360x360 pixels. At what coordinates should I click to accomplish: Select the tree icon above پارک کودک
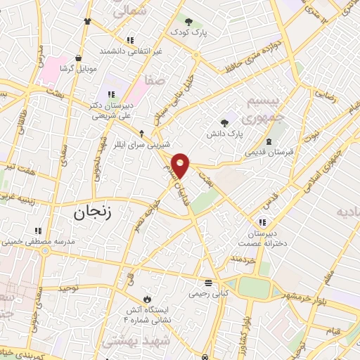(188, 20)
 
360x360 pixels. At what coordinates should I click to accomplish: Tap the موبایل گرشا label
(77, 68)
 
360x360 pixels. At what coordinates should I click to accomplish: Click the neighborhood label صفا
(155, 81)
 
